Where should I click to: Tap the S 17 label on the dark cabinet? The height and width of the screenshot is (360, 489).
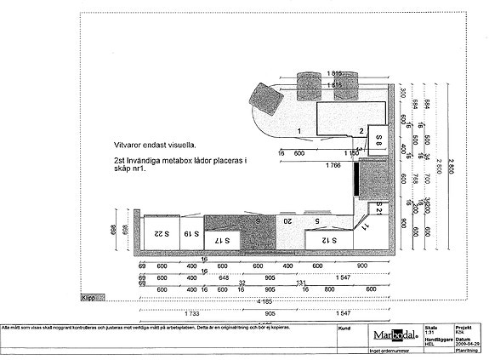[x=221, y=241]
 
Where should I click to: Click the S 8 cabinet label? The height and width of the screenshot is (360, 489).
[x=380, y=136]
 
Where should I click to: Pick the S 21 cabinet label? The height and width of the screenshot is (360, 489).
[x=381, y=207]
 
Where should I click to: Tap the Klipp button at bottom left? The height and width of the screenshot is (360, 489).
[x=88, y=299]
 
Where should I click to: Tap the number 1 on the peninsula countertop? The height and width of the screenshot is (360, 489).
[x=299, y=129]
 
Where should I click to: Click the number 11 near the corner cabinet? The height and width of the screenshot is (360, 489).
[x=365, y=227]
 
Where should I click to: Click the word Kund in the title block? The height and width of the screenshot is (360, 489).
[x=344, y=326]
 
